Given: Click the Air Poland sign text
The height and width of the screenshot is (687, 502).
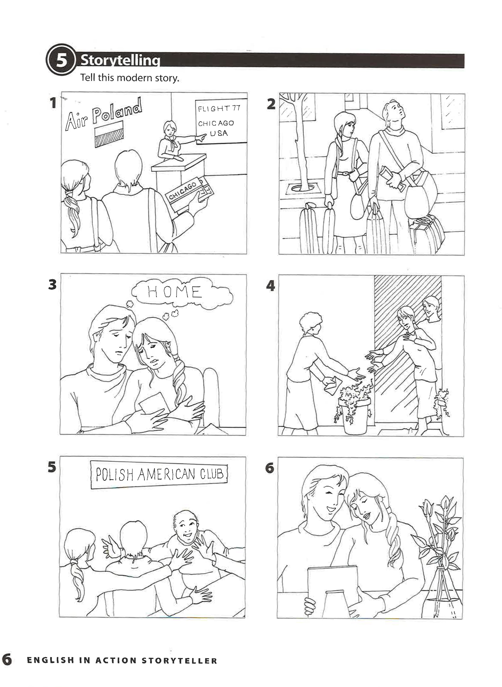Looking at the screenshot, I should click(x=103, y=114).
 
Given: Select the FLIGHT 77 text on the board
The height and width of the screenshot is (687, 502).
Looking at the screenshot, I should click(x=219, y=109).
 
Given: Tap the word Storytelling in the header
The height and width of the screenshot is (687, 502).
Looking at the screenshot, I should click(x=120, y=60).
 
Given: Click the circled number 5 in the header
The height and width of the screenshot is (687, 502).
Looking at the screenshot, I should click(x=61, y=60).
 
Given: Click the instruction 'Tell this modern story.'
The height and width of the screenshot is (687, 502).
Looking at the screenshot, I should click(x=130, y=78).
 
